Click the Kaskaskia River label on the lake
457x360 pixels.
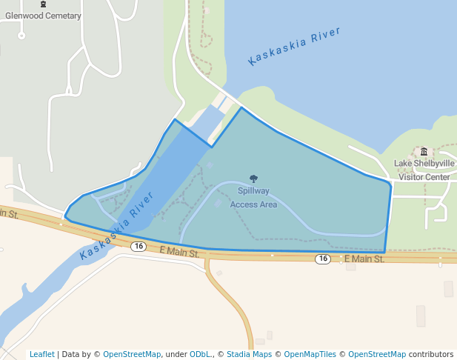[x=294, y=46]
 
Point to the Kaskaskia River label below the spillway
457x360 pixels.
[x=117, y=224]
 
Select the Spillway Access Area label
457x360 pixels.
[x=253, y=198]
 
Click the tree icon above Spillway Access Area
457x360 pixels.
[x=253, y=179]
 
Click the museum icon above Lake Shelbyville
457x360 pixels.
[x=424, y=152]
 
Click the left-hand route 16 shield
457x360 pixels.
[x=138, y=246]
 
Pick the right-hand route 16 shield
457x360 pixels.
[x=322, y=259]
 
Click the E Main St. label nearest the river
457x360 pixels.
[x=180, y=252]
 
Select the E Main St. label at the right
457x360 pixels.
[x=364, y=259]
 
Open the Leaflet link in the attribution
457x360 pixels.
[x=41, y=354]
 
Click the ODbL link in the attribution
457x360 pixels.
[x=200, y=354]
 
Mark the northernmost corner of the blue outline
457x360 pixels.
[x=241, y=108]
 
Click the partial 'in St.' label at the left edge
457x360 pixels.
[x=9, y=214]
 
